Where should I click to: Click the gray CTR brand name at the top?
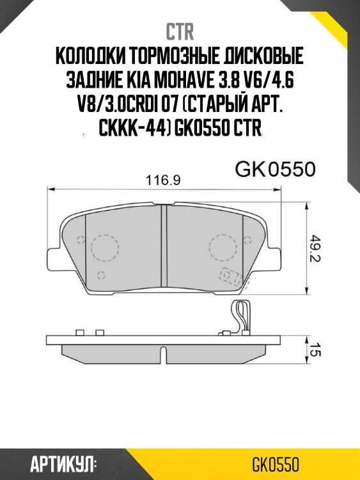[180, 31]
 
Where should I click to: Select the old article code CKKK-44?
[129, 129]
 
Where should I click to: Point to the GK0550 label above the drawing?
[276, 170]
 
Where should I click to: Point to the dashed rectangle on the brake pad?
[228, 275]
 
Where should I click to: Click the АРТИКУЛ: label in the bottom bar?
[63, 463]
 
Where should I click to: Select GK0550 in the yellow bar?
[276, 463]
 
